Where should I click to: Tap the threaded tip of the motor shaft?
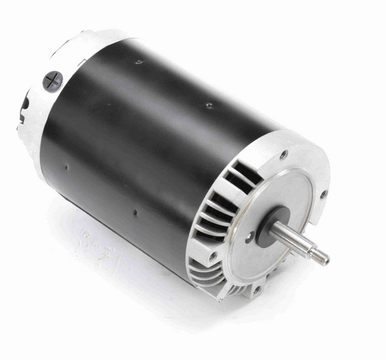coord(322,257)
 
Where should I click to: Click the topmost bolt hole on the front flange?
coord(283,154)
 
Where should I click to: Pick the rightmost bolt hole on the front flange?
coord(323,193)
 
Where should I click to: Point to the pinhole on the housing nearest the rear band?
coord(65,167)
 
